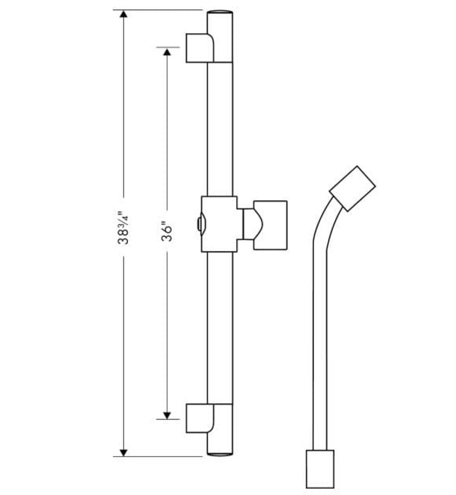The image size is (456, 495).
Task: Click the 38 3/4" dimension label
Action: pyautogui.click(x=123, y=227)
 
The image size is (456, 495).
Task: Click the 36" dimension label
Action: pyautogui.click(x=167, y=231)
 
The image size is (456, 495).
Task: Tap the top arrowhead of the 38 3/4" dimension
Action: pyautogui.click(x=124, y=13)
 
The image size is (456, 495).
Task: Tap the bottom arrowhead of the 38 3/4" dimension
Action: pyautogui.click(x=124, y=453)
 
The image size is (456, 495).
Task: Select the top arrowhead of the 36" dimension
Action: pyautogui.click(x=167, y=52)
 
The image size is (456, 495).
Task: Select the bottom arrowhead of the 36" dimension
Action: pyautogui.click(x=167, y=416)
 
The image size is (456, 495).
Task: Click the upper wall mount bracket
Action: pyautogui.click(x=200, y=48)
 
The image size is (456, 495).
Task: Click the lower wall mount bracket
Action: pyautogui.click(x=200, y=418)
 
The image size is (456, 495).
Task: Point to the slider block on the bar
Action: pyautogui.click(x=219, y=224)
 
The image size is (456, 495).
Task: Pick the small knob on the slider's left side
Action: pyautogui.click(x=200, y=224)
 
